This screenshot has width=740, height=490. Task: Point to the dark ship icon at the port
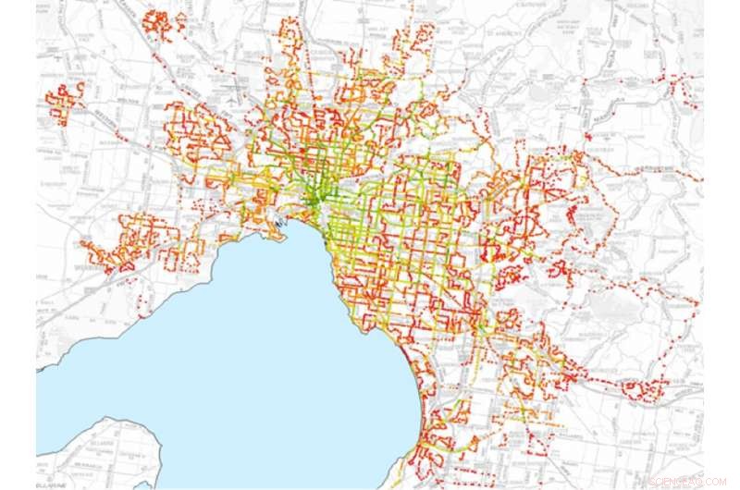(278, 222)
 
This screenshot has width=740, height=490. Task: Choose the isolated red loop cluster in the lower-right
(647, 388)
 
